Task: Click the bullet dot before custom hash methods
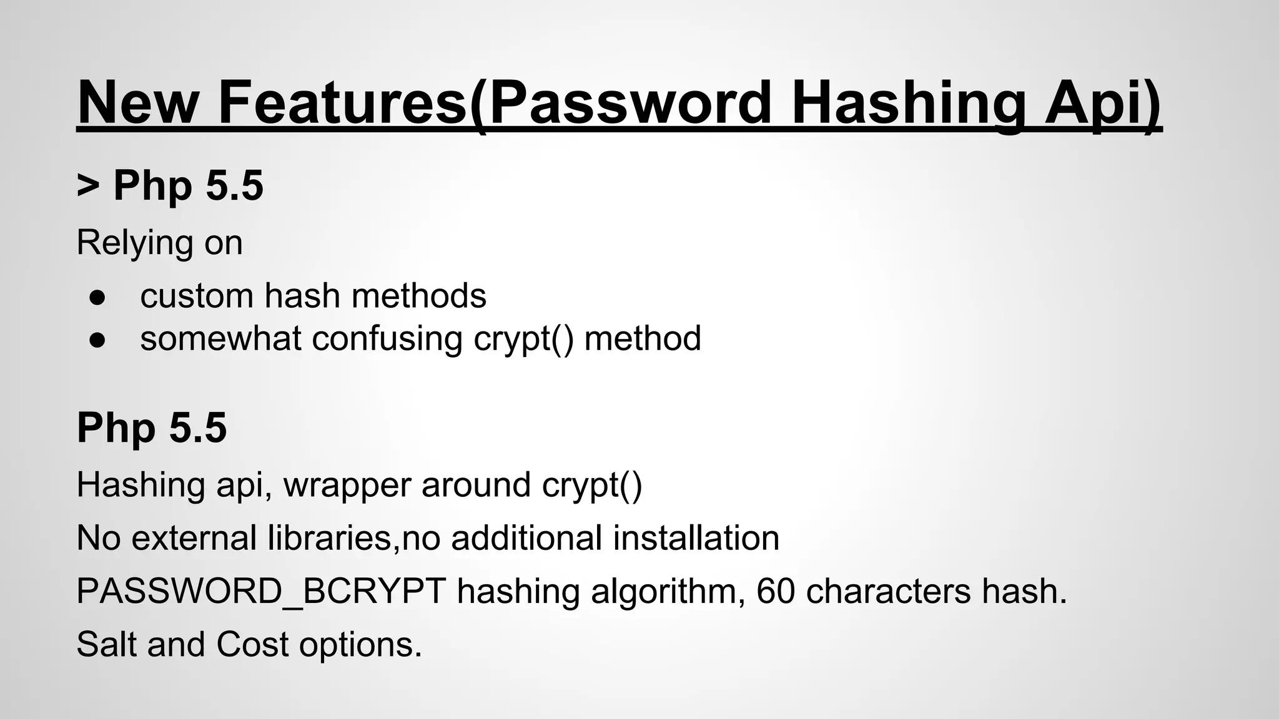point(97,297)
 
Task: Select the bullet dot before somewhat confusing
point(97,340)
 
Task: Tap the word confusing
point(387,338)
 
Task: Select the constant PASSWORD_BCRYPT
point(261,591)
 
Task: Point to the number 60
point(776,591)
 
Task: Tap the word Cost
point(252,644)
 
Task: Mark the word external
point(194,537)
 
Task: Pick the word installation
point(696,537)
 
